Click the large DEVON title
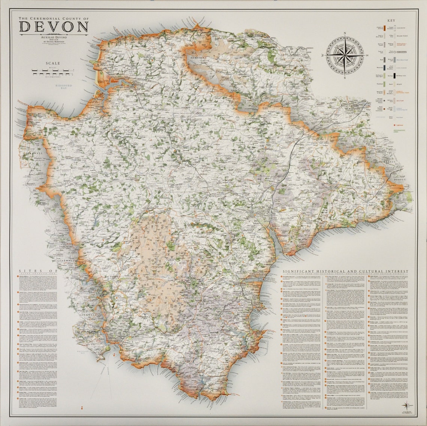[x=54, y=27]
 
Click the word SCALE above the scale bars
[x=53, y=63]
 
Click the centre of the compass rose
[x=345, y=55]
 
